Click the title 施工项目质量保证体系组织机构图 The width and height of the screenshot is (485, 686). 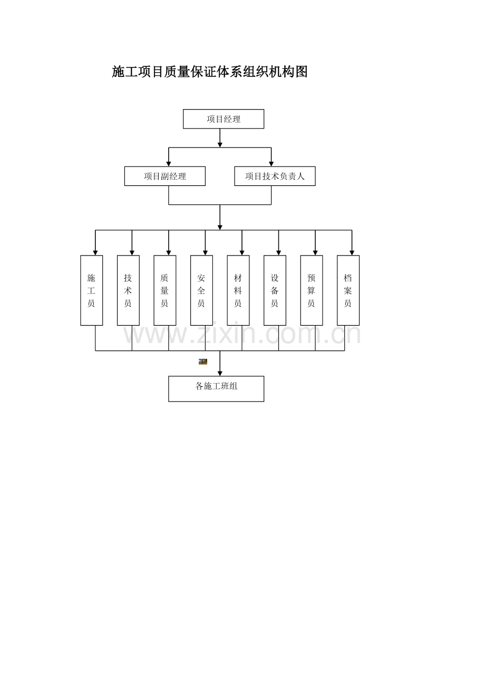pos(210,72)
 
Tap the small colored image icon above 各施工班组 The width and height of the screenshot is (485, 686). pos(203,361)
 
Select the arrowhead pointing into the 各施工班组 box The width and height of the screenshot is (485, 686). pos(220,374)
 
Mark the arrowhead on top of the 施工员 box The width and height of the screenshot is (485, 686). pos(95,253)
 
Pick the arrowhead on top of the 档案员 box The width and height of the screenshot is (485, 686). pos(352,253)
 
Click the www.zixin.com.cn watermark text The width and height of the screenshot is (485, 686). pos(242,334)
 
